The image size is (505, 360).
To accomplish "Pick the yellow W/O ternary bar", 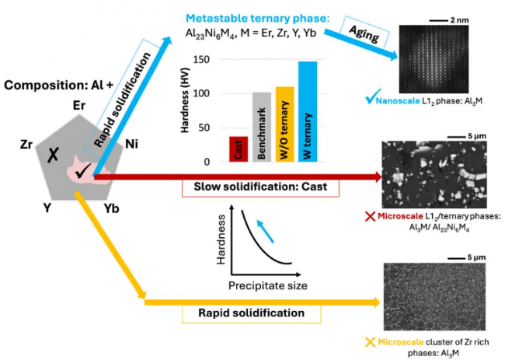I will coord(285,124).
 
